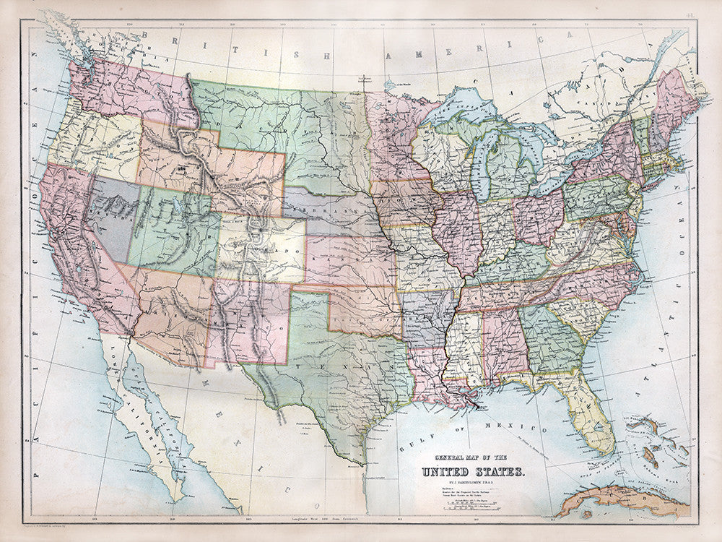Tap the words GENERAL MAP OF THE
click(471, 457)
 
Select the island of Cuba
click(621, 499)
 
